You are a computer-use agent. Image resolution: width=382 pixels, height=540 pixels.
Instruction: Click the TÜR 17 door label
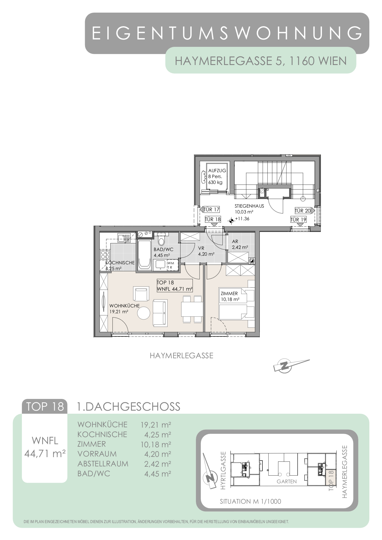point(212,210)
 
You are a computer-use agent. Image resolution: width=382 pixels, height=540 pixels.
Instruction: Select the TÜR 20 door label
point(303,211)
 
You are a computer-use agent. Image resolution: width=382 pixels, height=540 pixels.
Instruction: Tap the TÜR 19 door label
point(299,220)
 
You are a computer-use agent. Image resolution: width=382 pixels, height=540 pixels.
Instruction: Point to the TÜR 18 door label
point(213,220)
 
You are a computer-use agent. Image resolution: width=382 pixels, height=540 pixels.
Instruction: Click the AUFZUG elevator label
point(217,170)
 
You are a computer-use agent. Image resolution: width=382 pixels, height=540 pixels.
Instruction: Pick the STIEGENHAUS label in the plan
point(249,206)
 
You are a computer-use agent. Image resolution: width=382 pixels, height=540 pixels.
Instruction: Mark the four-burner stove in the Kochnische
point(105,255)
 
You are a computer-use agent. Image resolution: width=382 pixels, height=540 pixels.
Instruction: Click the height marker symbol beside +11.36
point(231,220)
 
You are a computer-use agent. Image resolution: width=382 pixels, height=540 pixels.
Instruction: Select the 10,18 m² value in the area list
point(156,445)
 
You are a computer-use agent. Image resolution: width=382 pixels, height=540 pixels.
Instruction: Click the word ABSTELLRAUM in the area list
point(103,464)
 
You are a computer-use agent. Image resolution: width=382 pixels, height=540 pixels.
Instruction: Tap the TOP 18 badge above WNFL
point(45,407)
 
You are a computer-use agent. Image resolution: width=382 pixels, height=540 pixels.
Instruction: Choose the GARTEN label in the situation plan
point(287,481)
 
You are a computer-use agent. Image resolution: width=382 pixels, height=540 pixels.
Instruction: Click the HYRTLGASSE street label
point(223,470)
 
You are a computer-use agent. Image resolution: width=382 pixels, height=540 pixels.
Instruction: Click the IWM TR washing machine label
point(170,265)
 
